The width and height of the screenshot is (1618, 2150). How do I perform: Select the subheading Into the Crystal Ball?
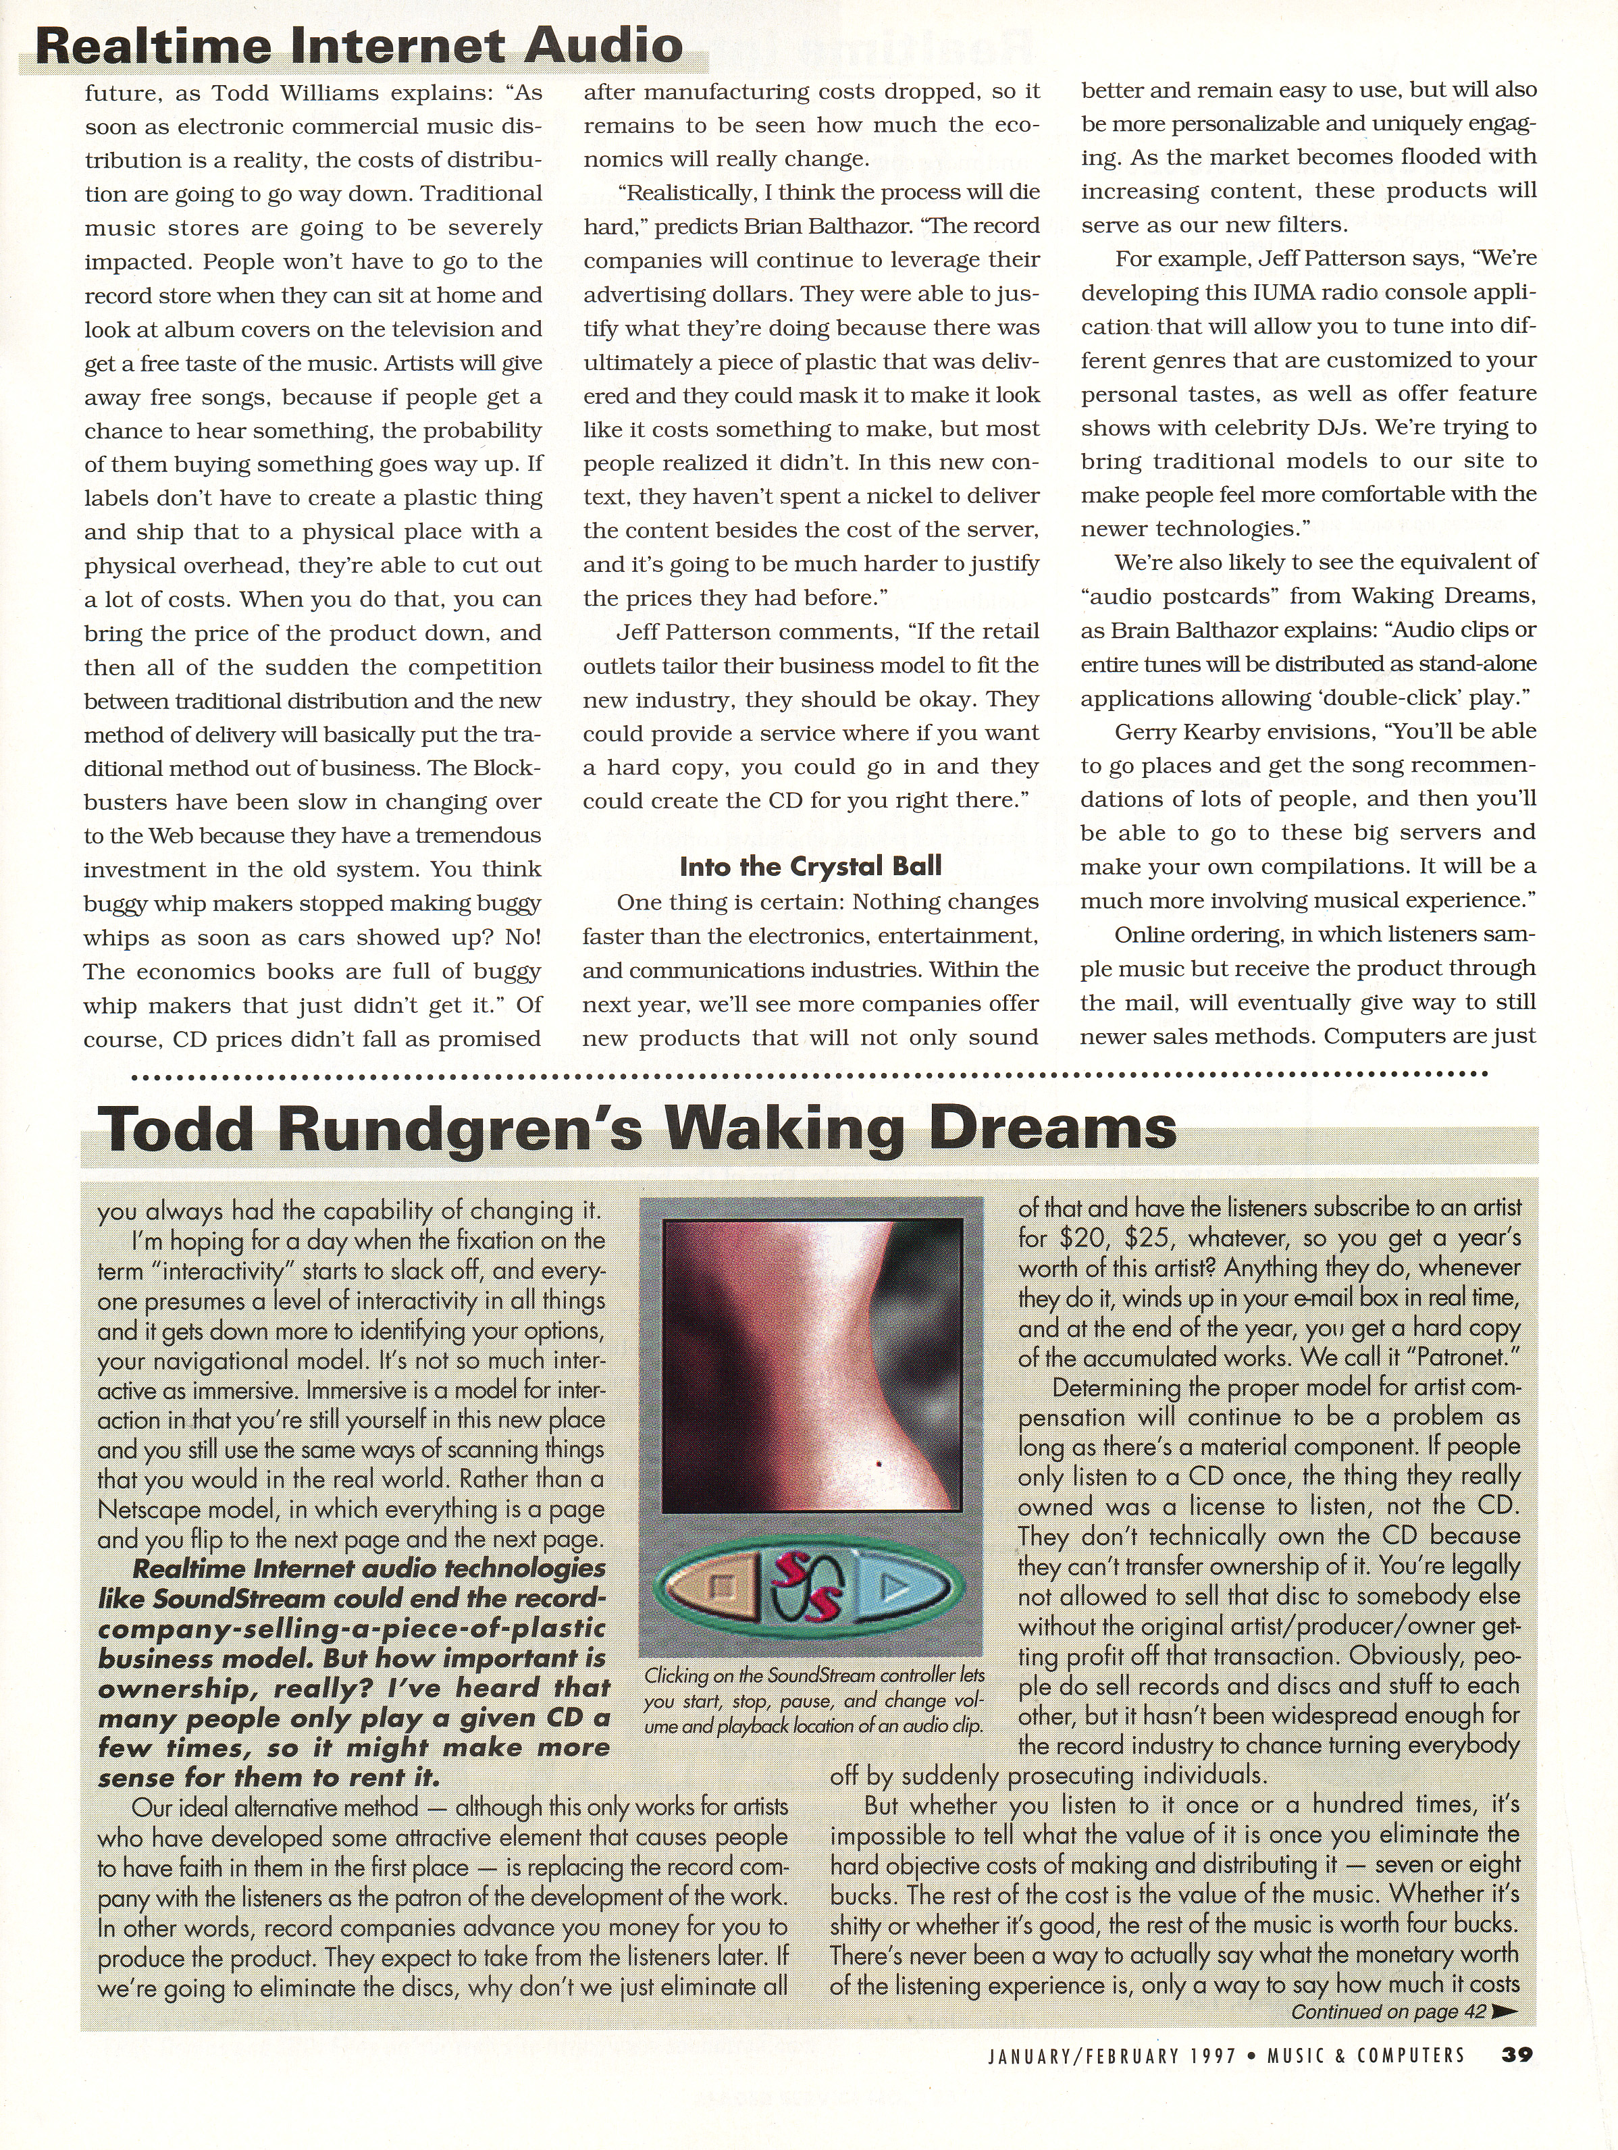810,866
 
